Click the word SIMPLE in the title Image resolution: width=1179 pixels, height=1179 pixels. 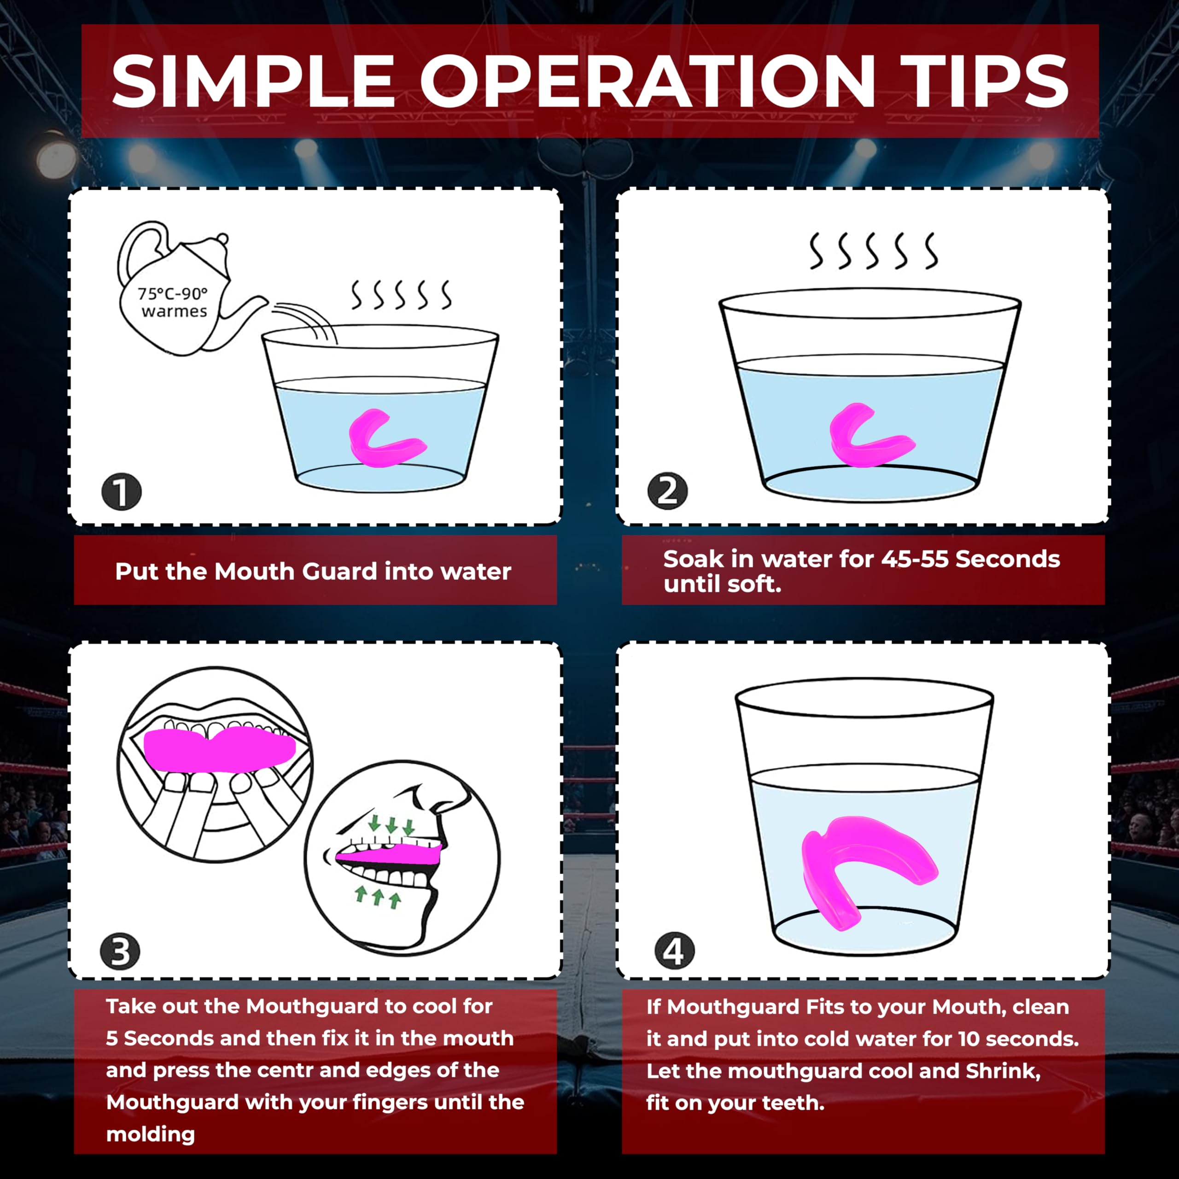tap(253, 81)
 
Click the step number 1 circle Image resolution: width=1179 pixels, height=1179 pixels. tap(122, 491)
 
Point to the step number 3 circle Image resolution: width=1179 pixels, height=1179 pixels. tap(120, 951)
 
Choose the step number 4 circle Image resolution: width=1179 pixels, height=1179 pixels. tap(674, 951)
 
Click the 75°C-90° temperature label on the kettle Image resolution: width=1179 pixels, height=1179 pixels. tap(173, 294)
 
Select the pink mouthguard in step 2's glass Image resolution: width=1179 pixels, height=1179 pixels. tap(870, 434)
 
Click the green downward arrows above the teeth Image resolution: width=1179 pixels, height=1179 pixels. tap(391, 826)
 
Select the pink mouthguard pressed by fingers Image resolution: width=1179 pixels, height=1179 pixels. tap(220, 750)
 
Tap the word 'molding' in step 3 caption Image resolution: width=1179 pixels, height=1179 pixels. tap(151, 1134)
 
